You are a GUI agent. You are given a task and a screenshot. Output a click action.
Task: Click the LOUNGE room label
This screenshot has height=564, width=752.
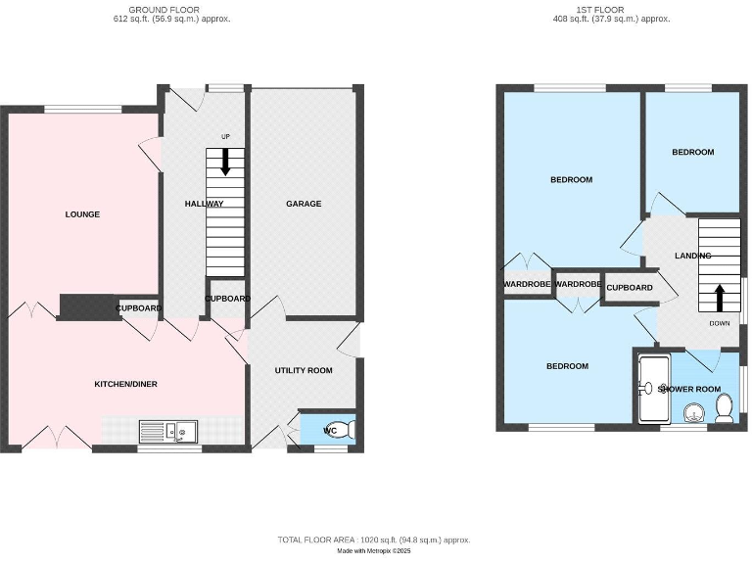82,214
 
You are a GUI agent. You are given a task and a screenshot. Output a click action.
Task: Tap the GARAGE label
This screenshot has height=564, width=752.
304,204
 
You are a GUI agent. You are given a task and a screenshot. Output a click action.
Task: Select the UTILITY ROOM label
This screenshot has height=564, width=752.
304,370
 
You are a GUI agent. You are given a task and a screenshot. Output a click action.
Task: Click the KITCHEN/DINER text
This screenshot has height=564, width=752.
125,384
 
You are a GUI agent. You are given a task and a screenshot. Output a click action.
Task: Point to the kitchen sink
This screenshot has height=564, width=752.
167,429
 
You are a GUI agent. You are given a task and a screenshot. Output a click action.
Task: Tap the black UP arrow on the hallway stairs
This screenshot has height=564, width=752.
225,161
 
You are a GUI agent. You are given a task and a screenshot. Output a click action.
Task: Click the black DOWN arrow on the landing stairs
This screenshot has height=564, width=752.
720,297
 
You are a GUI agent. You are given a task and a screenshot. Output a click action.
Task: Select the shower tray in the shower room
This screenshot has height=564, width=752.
651,389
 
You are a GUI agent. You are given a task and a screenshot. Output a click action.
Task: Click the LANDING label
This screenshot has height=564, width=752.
692,256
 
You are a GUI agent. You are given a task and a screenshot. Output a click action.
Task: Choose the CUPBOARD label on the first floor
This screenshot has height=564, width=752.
629,288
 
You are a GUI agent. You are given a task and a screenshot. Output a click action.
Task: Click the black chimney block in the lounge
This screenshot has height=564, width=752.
88,306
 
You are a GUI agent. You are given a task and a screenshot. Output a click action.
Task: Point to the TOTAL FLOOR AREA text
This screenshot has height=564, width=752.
375,540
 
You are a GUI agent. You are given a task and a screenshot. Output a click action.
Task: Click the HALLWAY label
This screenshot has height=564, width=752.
204,204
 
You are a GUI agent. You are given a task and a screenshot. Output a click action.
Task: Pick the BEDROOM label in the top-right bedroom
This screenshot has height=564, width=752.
692,152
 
